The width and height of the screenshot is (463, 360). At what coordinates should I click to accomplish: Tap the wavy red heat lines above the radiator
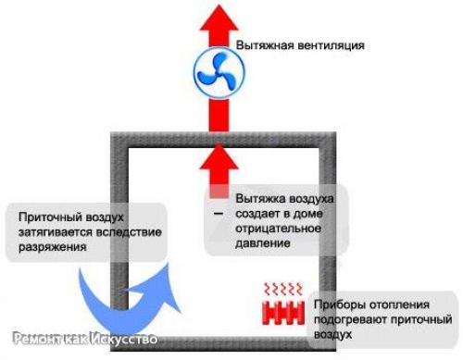click(285, 290)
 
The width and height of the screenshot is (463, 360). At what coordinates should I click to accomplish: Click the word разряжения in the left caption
click(52, 248)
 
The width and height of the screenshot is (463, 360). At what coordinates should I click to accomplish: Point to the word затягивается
click(56, 232)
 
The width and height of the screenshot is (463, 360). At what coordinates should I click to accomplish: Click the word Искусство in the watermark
click(125, 339)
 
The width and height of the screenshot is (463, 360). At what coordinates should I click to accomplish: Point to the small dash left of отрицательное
click(219, 214)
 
